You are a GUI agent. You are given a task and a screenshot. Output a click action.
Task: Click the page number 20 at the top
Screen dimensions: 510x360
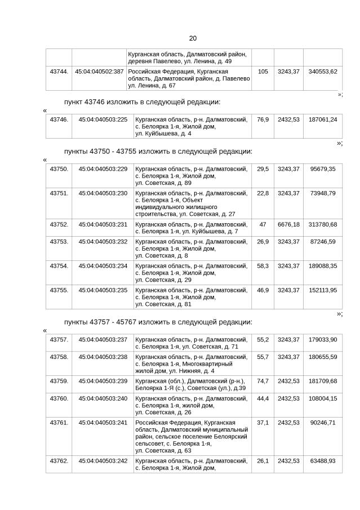coord(193,38)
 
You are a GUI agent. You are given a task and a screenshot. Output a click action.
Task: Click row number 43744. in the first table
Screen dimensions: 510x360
coord(59,72)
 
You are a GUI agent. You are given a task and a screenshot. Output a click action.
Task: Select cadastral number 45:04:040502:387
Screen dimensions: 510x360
coord(99,72)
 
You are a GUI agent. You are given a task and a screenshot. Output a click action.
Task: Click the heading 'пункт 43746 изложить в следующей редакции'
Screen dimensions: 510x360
coord(142,102)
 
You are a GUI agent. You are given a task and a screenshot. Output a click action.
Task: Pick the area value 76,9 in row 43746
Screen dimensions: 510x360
coord(263,119)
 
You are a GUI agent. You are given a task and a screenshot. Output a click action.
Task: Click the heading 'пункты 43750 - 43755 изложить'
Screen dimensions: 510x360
coord(158,151)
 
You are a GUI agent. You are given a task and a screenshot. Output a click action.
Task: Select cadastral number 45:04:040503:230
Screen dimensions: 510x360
coord(103,193)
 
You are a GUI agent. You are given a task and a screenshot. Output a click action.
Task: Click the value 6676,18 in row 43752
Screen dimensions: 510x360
coord(288,224)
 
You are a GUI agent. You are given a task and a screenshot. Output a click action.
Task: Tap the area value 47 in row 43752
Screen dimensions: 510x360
coord(263,224)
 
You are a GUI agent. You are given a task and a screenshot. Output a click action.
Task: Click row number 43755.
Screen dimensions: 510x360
coord(59,290)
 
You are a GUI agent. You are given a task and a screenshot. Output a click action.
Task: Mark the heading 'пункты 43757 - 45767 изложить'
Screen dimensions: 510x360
coord(158,322)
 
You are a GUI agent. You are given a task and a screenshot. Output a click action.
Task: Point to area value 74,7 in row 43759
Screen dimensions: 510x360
coord(263,381)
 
